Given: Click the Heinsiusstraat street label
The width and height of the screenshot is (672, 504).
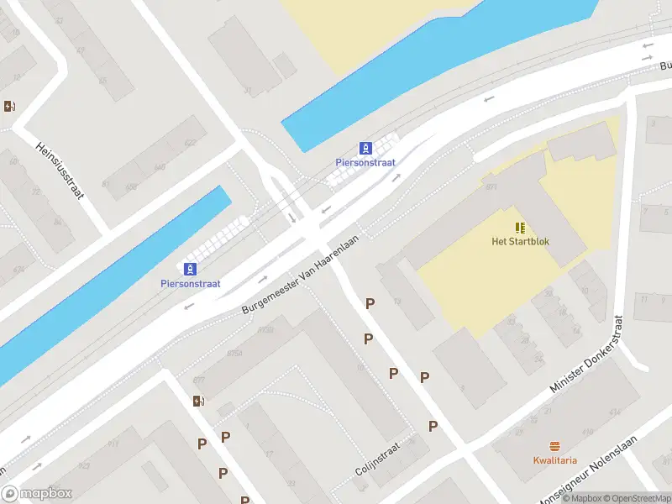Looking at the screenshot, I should (x=60, y=170).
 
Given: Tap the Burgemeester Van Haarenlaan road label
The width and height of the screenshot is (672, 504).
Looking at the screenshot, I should (x=300, y=275).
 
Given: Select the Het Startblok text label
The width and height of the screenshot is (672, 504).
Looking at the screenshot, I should (x=520, y=242).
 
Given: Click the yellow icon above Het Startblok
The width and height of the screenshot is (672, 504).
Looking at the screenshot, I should (x=520, y=228).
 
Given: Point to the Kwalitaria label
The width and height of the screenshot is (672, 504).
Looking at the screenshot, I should (x=554, y=459).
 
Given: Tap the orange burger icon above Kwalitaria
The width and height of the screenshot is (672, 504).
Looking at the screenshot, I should (x=554, y=445).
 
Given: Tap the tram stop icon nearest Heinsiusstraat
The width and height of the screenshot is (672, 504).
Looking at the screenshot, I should (x=191, y=269).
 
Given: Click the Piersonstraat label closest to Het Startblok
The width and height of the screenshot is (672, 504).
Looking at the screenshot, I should (x=365, y=162).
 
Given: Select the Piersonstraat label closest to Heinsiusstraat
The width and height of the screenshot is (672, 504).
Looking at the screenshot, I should (x=190, y=284).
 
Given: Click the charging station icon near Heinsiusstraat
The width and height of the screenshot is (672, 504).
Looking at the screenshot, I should (x=9, y=106).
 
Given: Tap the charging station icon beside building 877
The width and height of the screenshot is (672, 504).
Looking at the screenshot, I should (x=197, y=401).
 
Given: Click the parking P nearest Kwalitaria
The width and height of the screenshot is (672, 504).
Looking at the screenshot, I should (x=433, y=426).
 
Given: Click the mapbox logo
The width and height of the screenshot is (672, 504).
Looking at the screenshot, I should (x=37, y=494).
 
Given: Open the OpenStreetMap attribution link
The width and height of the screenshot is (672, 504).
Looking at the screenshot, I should (x=637, y=498).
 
